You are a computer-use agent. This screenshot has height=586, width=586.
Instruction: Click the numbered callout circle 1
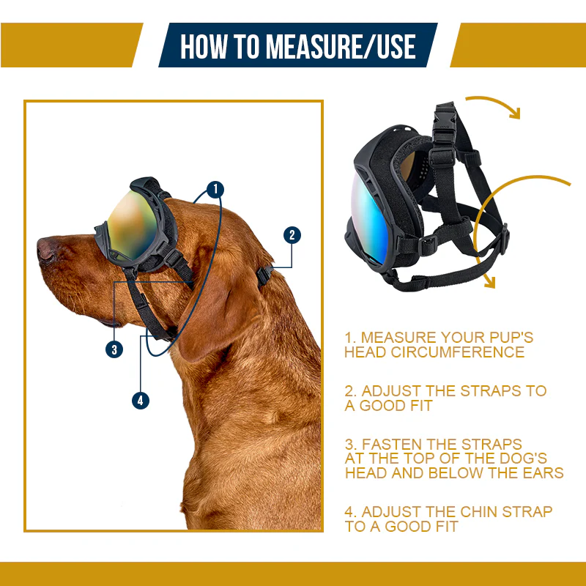pos(215,190)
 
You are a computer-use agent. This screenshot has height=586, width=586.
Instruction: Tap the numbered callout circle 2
pos(292,235)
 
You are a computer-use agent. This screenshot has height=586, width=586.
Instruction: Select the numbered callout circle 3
pos(114,349)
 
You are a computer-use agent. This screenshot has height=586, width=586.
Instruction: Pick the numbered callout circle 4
pos(141,400)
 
